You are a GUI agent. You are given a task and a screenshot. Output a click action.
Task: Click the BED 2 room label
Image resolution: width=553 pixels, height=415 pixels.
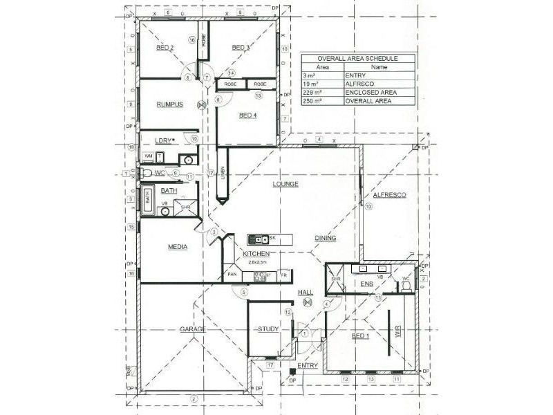click(165, 48)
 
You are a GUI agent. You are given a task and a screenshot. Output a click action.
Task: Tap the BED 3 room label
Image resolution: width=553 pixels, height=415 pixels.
click(240, 48)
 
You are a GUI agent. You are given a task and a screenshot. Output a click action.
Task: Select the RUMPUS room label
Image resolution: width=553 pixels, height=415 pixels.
click(169, 104)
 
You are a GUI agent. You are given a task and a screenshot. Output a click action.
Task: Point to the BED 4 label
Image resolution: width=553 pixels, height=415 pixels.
click(247, 116)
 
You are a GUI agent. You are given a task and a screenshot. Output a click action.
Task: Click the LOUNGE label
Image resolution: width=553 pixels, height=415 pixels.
click(285, 184)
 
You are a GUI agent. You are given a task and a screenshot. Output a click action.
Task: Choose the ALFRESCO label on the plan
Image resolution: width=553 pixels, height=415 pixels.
click(389, 196)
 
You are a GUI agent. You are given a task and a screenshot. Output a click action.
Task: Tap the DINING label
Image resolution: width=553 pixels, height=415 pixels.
click(325, 238)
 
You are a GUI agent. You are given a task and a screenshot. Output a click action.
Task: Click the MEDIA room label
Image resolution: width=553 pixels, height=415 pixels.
click(179, 246)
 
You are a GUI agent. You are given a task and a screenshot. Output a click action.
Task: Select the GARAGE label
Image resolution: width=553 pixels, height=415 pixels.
click(193, 329)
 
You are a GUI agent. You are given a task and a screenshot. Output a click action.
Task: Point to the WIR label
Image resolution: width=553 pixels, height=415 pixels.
click(397, 333)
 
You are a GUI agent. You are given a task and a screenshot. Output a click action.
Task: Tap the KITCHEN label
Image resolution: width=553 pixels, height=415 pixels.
click(256, 255)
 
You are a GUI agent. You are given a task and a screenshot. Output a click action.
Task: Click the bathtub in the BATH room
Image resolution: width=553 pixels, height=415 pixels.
click(147, 199)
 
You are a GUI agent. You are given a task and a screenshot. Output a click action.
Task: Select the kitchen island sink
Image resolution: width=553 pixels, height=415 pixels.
click(259, 239)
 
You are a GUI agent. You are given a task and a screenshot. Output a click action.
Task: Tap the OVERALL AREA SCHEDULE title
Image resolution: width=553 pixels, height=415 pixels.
click(358, 59)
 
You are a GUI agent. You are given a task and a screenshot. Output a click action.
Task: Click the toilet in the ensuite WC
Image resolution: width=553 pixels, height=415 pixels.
click(406, 284)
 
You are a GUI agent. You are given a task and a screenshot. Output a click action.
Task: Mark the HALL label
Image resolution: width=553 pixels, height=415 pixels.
click(306, 293)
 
